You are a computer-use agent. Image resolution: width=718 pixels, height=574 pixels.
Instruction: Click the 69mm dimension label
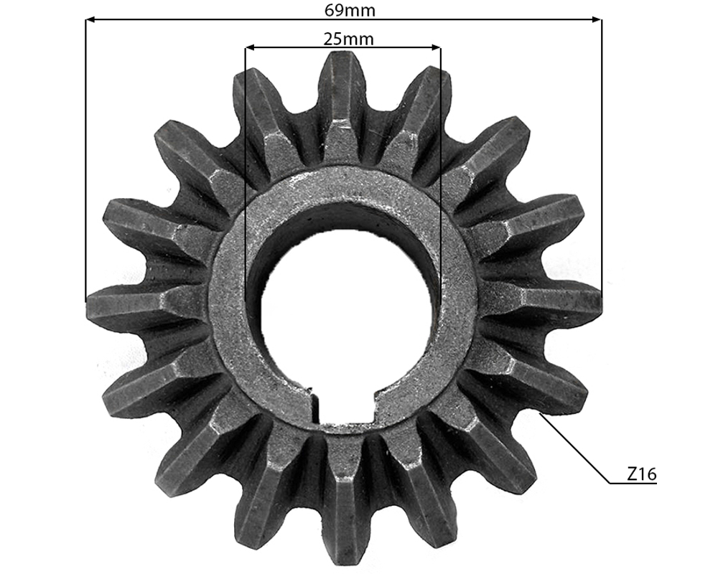[350, 10]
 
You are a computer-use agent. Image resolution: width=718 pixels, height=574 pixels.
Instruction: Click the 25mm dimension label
[348, 39]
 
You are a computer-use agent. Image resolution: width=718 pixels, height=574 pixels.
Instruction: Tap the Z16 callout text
[641, 474]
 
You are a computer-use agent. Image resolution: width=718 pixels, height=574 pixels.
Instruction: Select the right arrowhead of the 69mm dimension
[597, 19]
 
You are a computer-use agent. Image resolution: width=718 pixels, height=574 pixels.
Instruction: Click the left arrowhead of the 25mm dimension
[250, 47]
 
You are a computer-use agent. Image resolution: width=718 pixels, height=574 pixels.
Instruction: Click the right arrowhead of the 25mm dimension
[436, 47]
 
